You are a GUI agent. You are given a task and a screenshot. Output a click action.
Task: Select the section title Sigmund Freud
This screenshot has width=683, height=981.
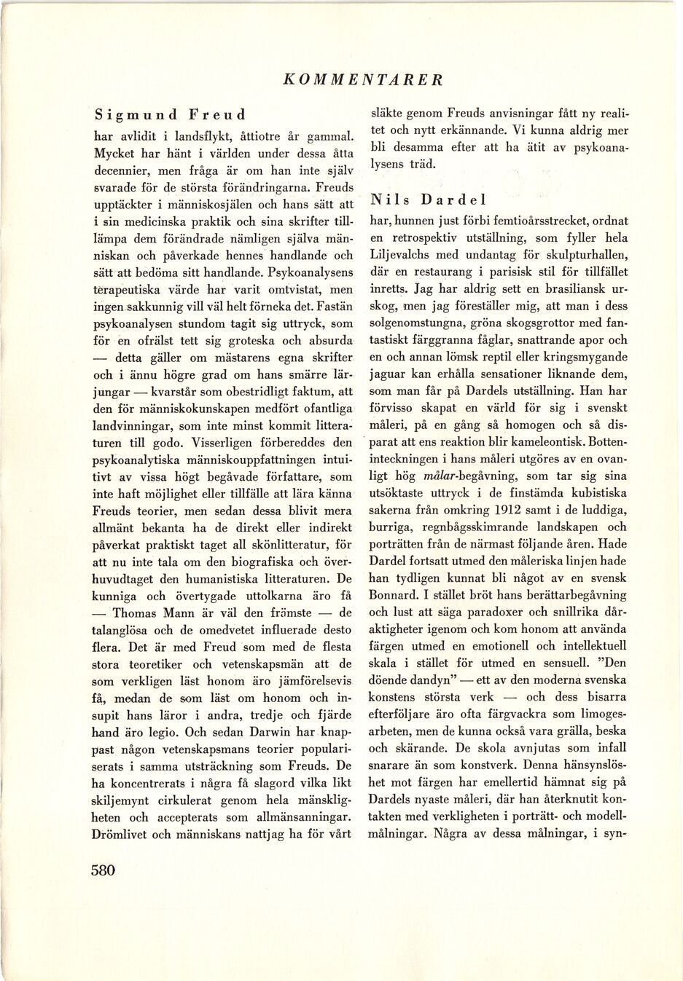tap(170, 115)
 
